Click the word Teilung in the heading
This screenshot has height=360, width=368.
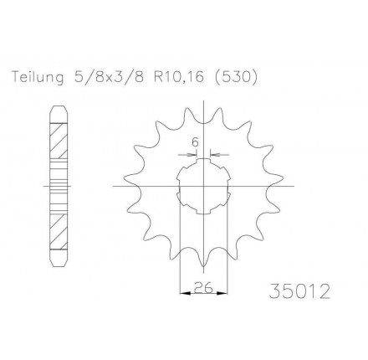click(x=38, y=77)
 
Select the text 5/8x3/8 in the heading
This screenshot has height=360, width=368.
click(x=110, y=77)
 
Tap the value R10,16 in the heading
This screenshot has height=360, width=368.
click(x=179, y=77)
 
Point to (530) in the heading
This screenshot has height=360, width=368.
click(x=236, y=77)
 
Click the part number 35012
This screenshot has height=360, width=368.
click(x=299, y=291)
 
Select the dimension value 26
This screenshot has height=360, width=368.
click(x=203, y=287)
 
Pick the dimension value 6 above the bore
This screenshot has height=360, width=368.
click(x=195, y=142)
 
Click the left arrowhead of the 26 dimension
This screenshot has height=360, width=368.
click(x=185, y=293)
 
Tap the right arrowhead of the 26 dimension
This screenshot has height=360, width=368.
click(x=222, y=293)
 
